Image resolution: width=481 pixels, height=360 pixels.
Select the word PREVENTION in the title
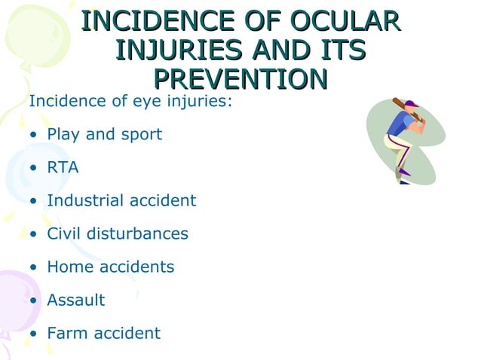pyautogui.click(x=240, y=78)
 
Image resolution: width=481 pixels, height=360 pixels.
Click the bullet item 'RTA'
pyautogui.click(x=63, y=167)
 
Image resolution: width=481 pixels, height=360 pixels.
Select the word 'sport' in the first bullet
pyautogui.click(x=140, y=134)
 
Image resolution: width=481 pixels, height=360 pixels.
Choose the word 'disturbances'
pyautogui.click(x=141, y=233)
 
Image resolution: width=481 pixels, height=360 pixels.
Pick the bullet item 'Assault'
pyautogui.click(x=75, y=300)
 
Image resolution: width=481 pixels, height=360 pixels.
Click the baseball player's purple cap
pyautogui.click(x=411, y=105)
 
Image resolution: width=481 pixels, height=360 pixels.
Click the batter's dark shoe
pyautogui.click(x=405, y=182)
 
